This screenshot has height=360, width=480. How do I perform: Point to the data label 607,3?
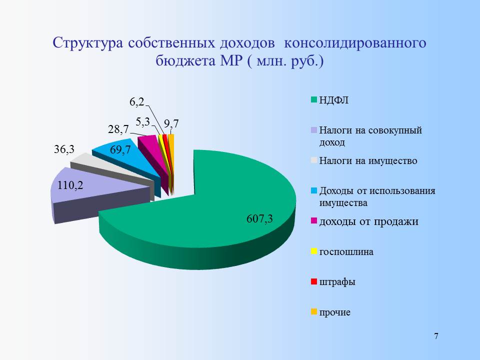tap(259, 219)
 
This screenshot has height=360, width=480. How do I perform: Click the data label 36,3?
tap(64, 149)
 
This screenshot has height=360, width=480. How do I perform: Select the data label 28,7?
tap(118, 129)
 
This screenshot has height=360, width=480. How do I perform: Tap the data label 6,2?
tap(137, 102)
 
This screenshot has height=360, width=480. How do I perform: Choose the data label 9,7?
tap(171, 123)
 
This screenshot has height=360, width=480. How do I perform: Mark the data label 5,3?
tap(142, 122)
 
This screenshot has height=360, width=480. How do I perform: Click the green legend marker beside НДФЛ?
tap(314, 100)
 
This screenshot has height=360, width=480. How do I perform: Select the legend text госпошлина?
tap(346, 252)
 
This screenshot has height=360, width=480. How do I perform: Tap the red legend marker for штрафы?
tap(314, 281)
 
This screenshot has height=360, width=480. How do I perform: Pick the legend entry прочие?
tap(334, 312)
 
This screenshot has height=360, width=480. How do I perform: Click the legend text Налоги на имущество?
tap(368, 160)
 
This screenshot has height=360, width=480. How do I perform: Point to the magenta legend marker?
tap(314, 220)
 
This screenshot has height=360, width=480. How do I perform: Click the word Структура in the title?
tap(88, 43)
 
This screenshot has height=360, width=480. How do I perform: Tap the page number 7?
tap(436, 336)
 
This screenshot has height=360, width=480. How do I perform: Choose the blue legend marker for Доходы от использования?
tap(314, 190)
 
